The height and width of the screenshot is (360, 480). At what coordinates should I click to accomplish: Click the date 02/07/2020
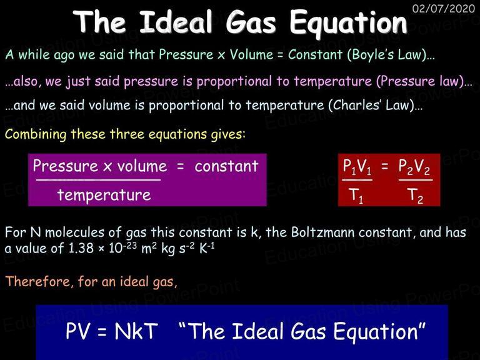(444, 8)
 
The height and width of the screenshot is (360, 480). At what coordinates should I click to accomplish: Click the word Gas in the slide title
(251, 22)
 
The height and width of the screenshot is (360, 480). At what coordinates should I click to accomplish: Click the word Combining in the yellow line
(36, 135)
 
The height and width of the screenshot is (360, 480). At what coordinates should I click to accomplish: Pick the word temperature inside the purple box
(104, 195)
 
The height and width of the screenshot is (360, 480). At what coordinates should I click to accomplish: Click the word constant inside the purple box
(226, 166)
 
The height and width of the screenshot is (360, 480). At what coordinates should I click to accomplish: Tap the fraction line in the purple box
(98, 180)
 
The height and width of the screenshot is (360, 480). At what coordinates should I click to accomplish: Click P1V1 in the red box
(357, 167)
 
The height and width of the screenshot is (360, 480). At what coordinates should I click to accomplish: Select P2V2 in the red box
(414, 167)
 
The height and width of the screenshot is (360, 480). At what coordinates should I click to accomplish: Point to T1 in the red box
(356, 195)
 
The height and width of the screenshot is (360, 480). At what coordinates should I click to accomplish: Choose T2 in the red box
(415, 195)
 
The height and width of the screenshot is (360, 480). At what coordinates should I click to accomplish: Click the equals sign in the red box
(385, 166)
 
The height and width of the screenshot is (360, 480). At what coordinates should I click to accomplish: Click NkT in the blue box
(136, 331)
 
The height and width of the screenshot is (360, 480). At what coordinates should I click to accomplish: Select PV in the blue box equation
(78, 331)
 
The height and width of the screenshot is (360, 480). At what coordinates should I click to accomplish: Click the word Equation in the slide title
(348, 23)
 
